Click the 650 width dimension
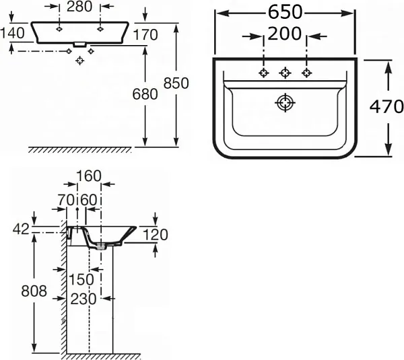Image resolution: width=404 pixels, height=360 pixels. click(284, 12)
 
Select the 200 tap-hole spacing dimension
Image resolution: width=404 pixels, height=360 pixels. click(285, 34)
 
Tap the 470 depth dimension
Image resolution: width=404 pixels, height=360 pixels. click(386, 106)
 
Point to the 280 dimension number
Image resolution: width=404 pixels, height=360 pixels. click(79, 7)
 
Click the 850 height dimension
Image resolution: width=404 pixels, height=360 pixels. click(176, 82)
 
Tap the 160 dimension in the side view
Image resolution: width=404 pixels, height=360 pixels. click(88, 176)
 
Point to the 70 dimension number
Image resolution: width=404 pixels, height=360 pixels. click(65, 199)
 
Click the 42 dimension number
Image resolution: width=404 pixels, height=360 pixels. click(21, 229)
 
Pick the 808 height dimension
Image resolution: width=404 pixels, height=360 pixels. click(34, 291)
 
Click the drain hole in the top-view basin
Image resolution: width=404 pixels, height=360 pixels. click(285, 103)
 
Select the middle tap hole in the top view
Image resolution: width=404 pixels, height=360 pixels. click(285, 73)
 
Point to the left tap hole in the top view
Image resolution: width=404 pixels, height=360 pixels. click(264, 73)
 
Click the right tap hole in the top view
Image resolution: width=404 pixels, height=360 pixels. click(307, 73)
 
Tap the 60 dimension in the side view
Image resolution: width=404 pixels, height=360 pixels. click(89, 199)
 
